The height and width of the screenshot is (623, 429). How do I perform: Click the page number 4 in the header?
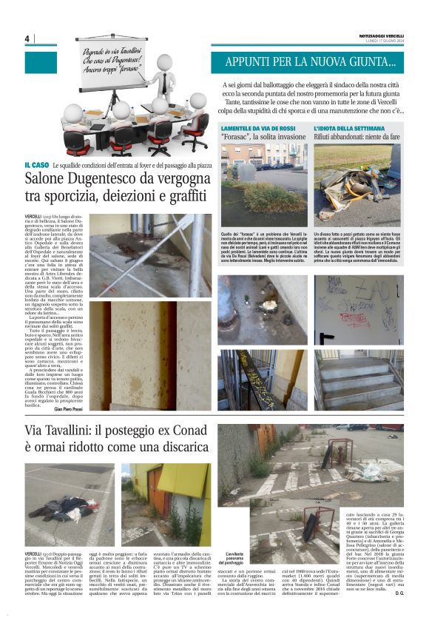[x=26, y=39]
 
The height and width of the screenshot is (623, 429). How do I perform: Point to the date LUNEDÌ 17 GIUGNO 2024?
[x=381, y=41]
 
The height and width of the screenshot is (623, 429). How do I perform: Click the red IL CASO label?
[x=37, y=165]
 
